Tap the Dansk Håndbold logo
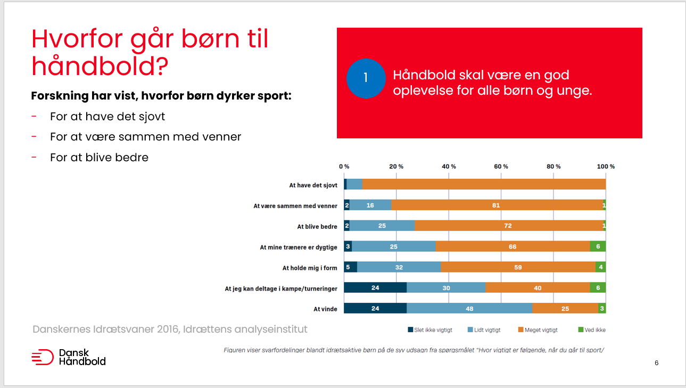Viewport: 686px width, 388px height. pyautogui.click(x=69, y=357)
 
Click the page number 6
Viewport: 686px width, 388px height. pyautogui.click(x=656, y=363)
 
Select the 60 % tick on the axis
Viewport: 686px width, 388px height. pyautogui.click(x=501, y=167)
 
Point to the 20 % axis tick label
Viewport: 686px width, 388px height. pyautogui.click(x=396, y=167)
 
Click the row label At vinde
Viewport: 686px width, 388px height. pyautogui.click(x=325, y=309)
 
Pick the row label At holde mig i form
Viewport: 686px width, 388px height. pyautogui.click(x=310, y=268)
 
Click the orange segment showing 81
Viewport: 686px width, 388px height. pyautogui.click(x=497, y=205)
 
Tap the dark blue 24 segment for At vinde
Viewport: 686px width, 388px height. pyautogui.click(x=375, y=309)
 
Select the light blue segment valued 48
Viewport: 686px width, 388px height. pyautogui.click(x=469, y=309)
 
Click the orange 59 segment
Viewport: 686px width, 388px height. pyautogui.click(x=518, y=268)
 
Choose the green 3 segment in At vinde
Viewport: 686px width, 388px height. pyautogui.click(x=602, y=309)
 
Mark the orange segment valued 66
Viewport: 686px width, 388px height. pyautogui.click(x=513, y=247)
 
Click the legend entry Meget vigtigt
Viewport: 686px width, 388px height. pyautogui.click(x=538, y=330)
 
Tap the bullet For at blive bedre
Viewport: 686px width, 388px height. pyautogui.click(x=99, y=158)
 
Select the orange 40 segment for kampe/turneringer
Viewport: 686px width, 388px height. pyautogui.click(x=538, y=288)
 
